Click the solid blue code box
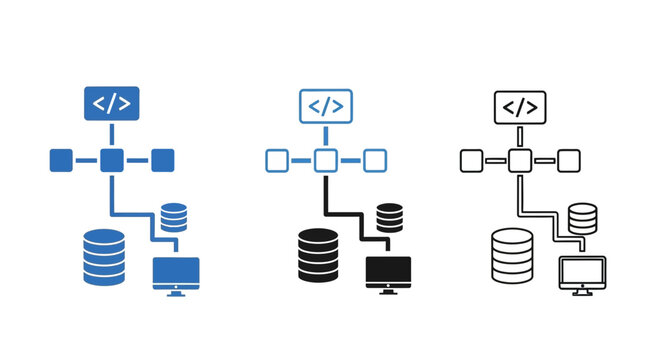(111, 103)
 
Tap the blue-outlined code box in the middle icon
(326, 105)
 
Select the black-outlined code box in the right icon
(520, 106)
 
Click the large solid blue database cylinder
(104, 257)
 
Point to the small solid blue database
(174, 216)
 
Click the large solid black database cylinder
(319, 256)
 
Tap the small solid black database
(390, 216)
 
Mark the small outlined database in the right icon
(582, 216)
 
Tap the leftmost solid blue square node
(61, 159)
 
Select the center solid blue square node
(111, 159)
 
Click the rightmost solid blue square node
(162, 159)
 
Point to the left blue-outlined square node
(277, 159)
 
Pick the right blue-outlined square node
(375, 159)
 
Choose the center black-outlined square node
(519, 159)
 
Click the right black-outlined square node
(568, 159)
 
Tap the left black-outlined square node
(471, 159)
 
